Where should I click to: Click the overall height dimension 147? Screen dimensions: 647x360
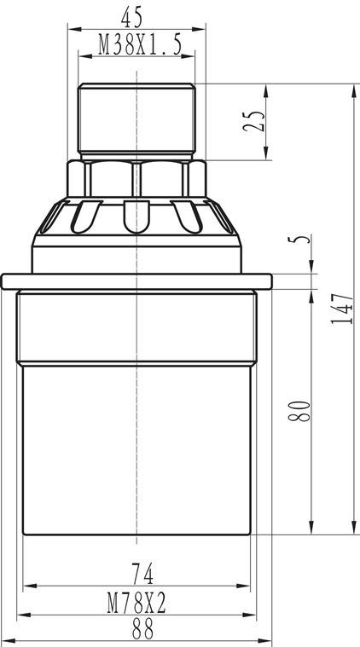(341, 309)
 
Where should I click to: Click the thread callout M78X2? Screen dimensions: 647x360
(136, 604)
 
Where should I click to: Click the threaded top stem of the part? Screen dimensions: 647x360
(137, 119)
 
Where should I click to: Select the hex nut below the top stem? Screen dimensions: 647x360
(137, 178)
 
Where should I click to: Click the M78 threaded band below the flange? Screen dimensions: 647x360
(136, 324)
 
